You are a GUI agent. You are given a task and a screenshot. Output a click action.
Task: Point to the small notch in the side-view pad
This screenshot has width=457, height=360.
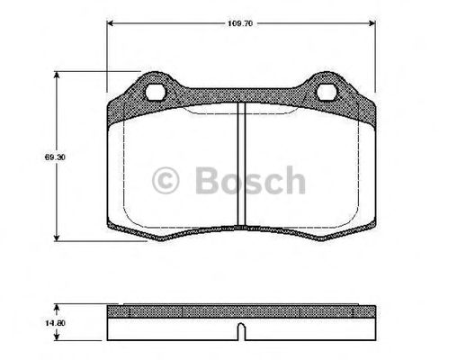click(x=240, y=331)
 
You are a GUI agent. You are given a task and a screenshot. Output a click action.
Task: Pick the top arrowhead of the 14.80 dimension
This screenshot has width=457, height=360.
click(x=60, y=305)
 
